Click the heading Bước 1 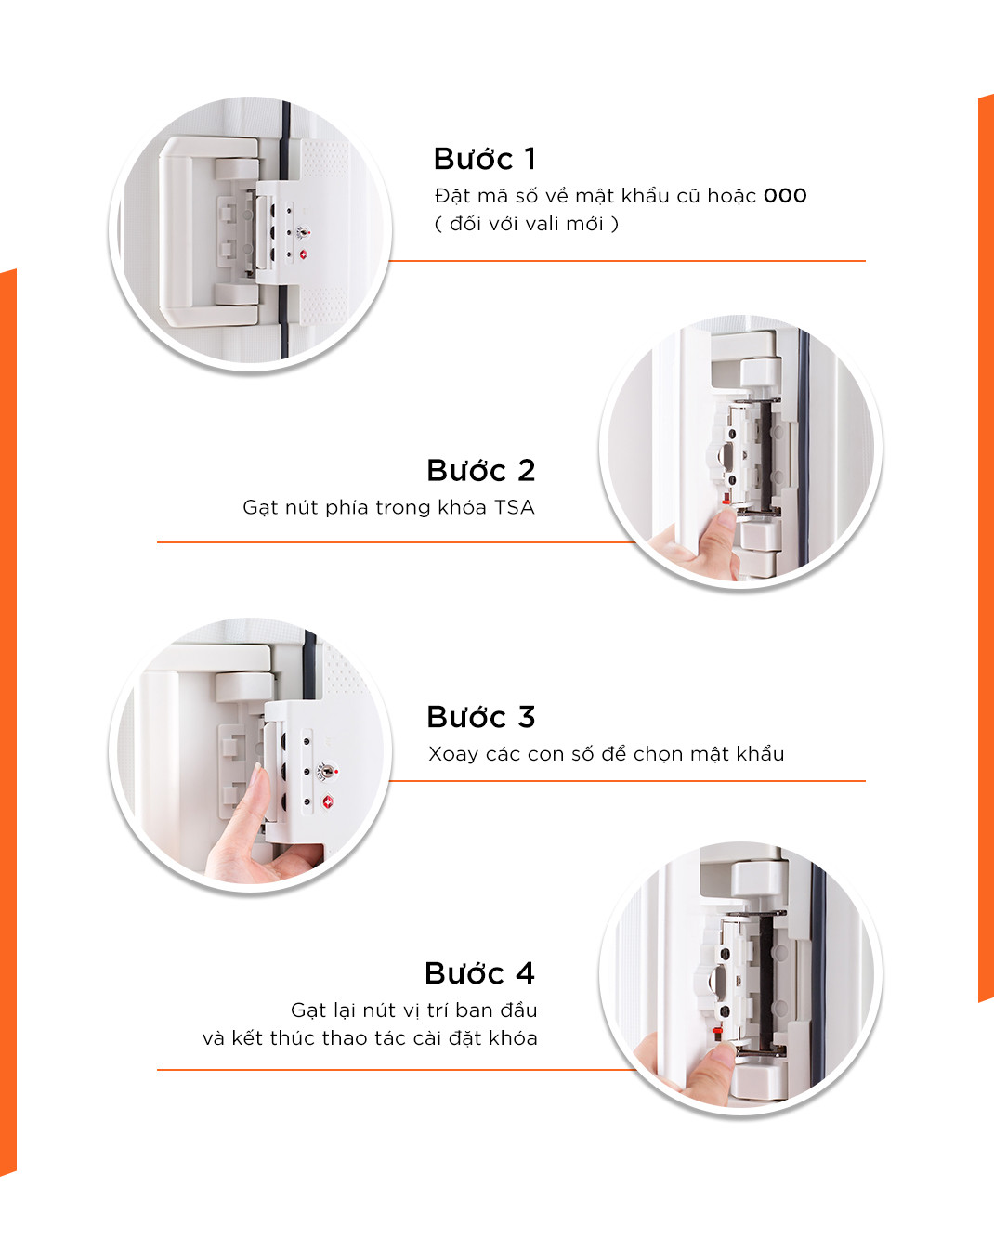485,159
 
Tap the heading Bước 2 481,471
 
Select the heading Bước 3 481,717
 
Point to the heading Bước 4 480,973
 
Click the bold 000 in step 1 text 785,196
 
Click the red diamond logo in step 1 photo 304,254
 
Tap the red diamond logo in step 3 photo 328,801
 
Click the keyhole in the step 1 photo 301,233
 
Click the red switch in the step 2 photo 726,497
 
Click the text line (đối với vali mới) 527,225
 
